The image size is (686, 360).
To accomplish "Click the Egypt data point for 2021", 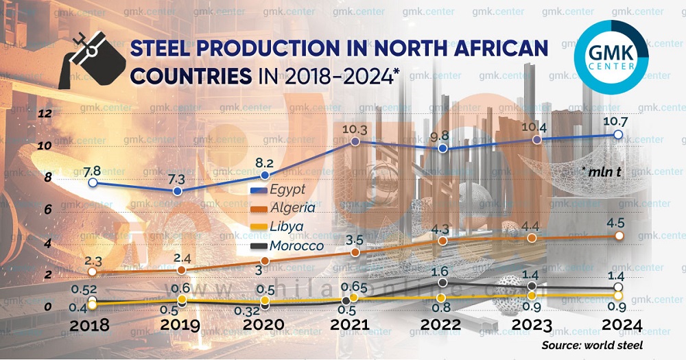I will (x=355, y=141).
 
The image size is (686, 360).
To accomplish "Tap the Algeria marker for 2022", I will (x=443, y=241).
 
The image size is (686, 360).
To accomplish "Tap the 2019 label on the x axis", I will (x=180, y=325).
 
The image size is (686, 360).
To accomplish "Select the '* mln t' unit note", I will (x=602, y=171).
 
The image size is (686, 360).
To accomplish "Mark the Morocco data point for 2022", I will (x=443, y=283).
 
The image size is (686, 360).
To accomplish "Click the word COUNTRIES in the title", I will (x=190, y=77).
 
